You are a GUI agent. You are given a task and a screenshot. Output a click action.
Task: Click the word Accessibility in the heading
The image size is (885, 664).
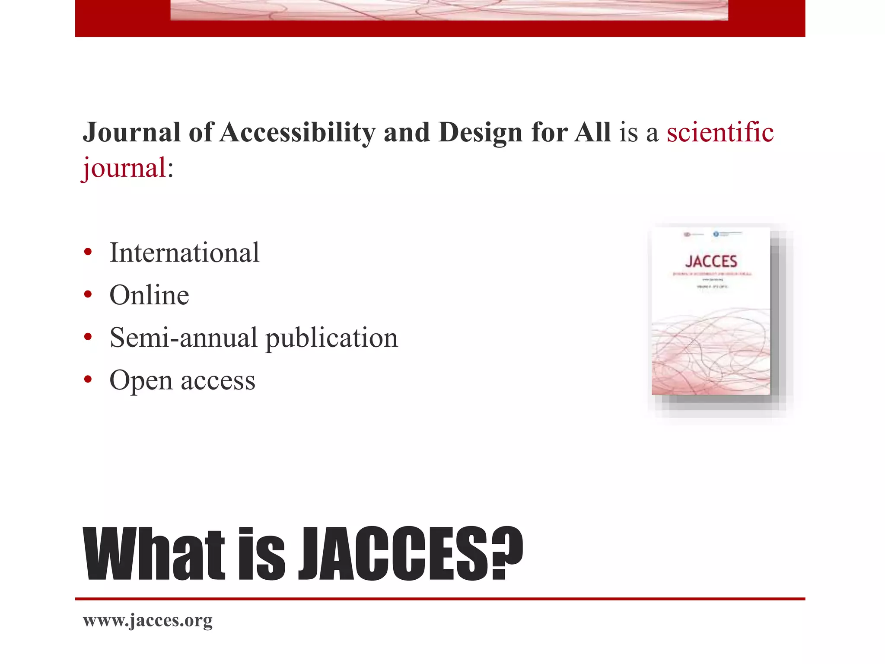tap(297, 132)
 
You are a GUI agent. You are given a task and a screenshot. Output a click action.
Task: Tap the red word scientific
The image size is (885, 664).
tap(720, 132)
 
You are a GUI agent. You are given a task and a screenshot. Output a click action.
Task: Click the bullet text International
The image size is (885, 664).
tap(185, 252)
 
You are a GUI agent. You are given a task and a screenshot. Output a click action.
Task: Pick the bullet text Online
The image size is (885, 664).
tap(149, 295)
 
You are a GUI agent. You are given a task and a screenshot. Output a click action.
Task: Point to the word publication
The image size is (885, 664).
tap(331, 338)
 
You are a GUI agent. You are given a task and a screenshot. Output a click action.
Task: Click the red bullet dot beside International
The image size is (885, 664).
tap(88, 252)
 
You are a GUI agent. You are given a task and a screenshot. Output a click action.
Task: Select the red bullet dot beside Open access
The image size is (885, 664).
tap(88, 379)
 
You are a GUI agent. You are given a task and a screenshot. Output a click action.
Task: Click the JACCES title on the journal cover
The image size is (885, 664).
tap(711, 262)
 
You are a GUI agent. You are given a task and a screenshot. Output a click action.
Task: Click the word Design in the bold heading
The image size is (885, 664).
tap(480, 132)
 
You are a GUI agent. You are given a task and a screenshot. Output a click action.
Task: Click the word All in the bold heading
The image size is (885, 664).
tap(592, 132)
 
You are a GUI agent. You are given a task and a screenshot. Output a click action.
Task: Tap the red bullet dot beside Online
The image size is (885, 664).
tap(88, 294)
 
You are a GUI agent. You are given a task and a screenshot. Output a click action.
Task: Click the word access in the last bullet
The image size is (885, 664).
tap(218, 381)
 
